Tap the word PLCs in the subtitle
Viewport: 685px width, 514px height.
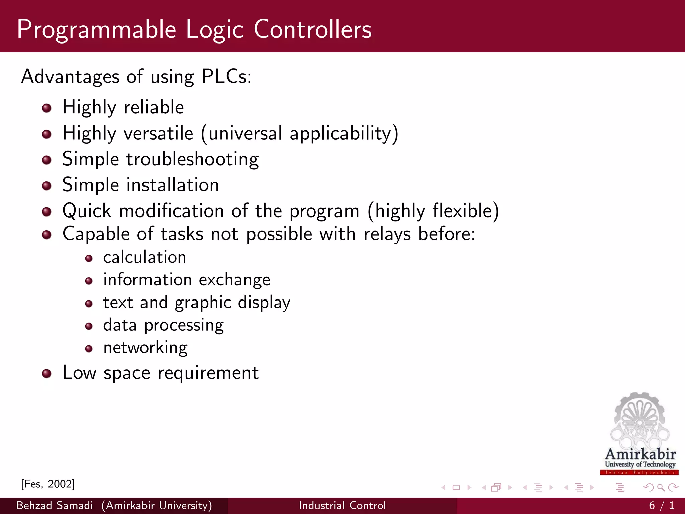pos(226,76)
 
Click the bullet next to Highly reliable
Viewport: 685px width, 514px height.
pos(47,108)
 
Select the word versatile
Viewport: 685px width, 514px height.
pos(159,133)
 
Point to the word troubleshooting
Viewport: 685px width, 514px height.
pos(192,159)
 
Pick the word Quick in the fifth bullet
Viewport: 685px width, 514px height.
pos(87,211)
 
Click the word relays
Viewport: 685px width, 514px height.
pos(387,234)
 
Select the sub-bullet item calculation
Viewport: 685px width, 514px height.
pos(144,257)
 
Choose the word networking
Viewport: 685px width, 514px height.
pos(145,348)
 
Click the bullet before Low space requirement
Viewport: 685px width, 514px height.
pos(47,374)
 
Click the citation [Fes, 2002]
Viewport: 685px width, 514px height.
pos(48,484)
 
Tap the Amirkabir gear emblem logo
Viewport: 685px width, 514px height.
pos(639,422)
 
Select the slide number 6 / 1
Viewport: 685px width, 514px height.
pos(662,505)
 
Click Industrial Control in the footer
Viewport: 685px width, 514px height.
pos(342,505)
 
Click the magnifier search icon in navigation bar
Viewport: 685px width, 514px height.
pos(661,488)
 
